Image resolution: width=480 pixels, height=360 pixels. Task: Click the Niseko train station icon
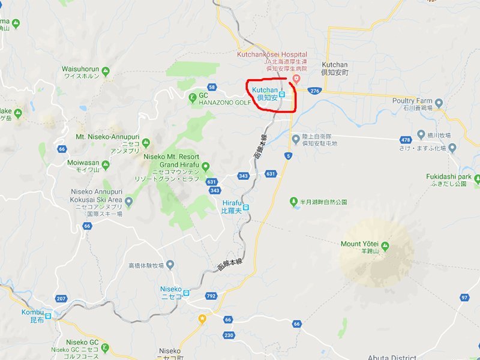[x=186, y=293]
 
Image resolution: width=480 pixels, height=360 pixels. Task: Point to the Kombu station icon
[x=47, y=313]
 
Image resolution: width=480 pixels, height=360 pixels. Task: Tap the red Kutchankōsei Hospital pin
[x=295, y=79]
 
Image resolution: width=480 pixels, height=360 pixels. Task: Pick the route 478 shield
[x=406, y=140]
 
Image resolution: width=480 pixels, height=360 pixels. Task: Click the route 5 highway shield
[x=289, y=156]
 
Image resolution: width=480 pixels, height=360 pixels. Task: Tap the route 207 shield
[x=61, y=298]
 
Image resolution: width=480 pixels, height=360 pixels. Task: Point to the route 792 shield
[x=210, y=296]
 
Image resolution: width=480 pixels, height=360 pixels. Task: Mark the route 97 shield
[x=464, y=298]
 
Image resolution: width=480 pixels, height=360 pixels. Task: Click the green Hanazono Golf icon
[x=193, y=95]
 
